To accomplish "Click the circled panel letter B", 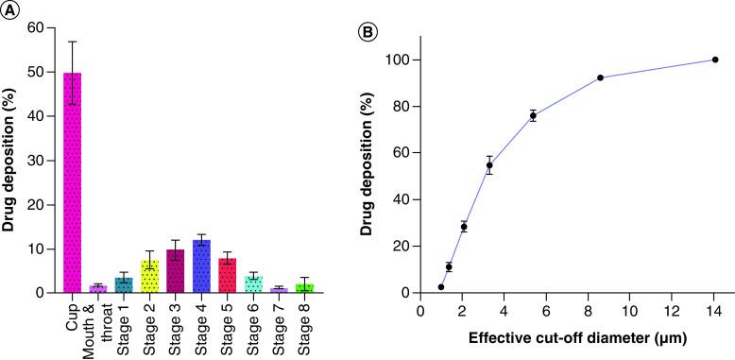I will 371,31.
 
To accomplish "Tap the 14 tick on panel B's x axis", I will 714,310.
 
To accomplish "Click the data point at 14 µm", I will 715,60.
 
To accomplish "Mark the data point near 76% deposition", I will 533,115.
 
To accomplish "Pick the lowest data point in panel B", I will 441,286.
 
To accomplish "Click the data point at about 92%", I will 601,77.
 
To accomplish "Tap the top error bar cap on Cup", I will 73,42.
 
